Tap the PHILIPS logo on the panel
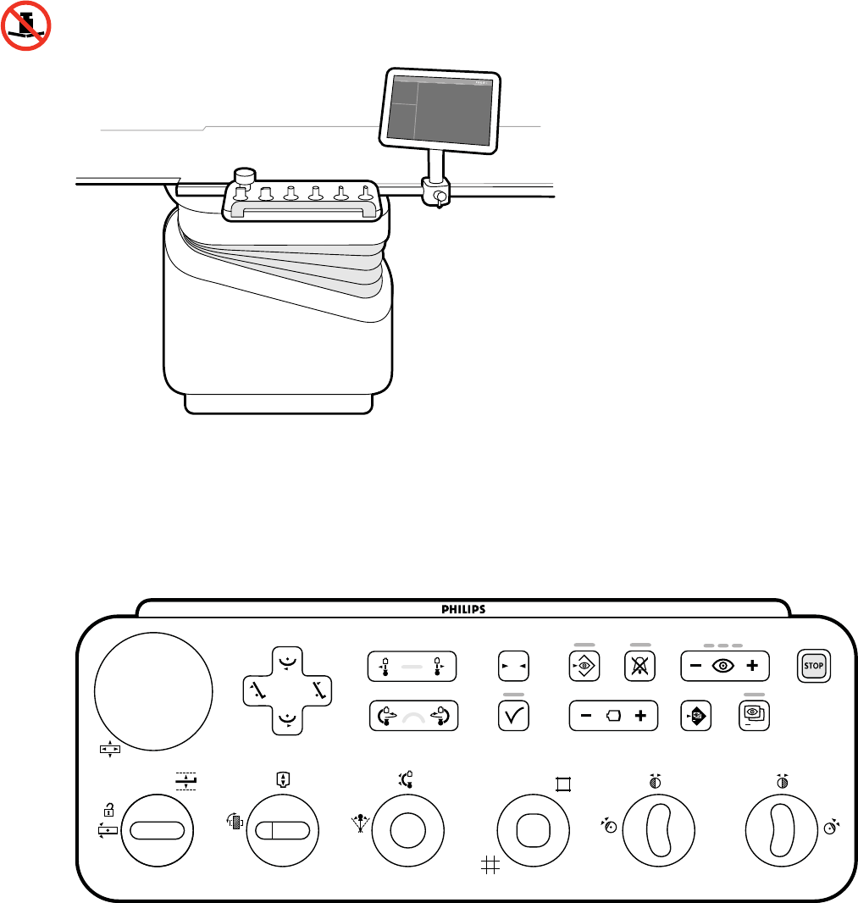click(462, 608)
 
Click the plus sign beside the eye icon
click(751, 666)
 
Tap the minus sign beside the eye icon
click(695, 666)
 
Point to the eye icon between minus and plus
click(723, 666)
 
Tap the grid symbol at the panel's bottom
click(488, 864)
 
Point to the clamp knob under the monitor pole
click(439, 197)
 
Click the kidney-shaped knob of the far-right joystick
click(783, 832)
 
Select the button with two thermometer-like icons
click(411, 667)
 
